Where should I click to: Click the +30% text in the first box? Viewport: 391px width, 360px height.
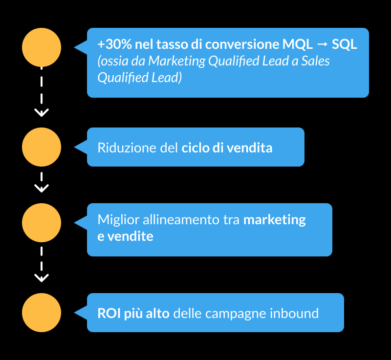(x=114, y=44)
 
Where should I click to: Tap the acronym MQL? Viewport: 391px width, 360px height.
(x=297, y=44)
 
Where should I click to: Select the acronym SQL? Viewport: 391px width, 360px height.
(x=345, y=44)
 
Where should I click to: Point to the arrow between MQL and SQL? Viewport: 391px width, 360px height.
(x=322, y=44)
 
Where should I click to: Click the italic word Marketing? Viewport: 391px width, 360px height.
(x=177, y=61)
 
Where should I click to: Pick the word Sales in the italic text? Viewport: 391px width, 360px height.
(x=315, y=61)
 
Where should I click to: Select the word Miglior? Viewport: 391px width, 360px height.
(x=118, y=220)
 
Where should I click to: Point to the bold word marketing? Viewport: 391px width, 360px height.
(x=275, y=220)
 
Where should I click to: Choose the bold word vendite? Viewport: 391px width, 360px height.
(x=130, y=236)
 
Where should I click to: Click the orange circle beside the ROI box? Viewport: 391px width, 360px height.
(x=42, y=313)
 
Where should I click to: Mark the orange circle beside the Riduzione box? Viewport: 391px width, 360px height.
(x=42, y=147)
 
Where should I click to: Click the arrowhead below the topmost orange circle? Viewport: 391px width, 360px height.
(x=42, y=113)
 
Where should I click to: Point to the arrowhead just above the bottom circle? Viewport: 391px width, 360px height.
(x=42, y=278)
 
